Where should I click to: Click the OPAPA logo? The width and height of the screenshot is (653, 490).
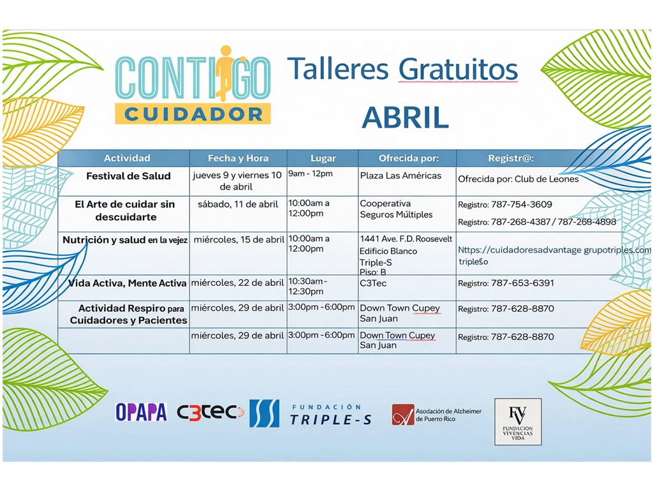[x=141, y=412]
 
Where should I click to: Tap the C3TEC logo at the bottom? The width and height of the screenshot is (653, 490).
[x=210, y=412]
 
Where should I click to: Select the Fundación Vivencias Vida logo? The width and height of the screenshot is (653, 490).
[x=518, y=421]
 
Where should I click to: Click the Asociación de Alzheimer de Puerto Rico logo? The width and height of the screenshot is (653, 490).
[x=437, y=415]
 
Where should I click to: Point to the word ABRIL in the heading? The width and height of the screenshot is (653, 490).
[x=405, y=117]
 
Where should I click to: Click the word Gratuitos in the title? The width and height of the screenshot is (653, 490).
[x=458, y=70]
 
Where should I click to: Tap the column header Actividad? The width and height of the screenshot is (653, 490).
[x=127, y=158]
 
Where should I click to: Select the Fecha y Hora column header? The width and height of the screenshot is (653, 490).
[x=238, y=158]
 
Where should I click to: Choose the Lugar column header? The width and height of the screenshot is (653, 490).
[x=323, y=158]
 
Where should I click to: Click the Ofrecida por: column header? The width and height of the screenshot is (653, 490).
[x=409, y=158]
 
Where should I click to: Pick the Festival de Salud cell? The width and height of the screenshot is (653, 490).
[x=128, y=176]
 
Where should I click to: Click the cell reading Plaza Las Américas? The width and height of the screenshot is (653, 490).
[x=400, y=175]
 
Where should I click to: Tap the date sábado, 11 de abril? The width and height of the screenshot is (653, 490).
[x=238, y=204]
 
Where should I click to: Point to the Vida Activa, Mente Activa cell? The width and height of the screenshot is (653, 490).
[x=124, y=283]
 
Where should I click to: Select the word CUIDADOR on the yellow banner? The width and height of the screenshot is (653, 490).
[x=193, y=114]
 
